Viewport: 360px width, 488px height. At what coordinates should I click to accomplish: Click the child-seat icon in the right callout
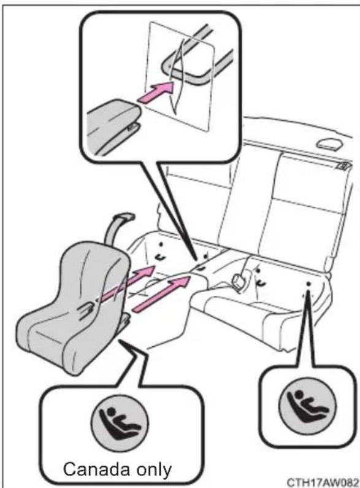pos(307,405)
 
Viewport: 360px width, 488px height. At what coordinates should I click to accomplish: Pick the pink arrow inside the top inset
pos(155,91)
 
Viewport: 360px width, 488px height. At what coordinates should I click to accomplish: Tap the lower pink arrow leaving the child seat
pos(162,293)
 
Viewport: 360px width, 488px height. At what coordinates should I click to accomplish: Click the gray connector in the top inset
pos(112,125)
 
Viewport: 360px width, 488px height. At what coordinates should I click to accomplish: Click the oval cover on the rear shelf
pos(329,144)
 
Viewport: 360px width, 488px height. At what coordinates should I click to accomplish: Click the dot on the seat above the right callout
pos(308,284)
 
